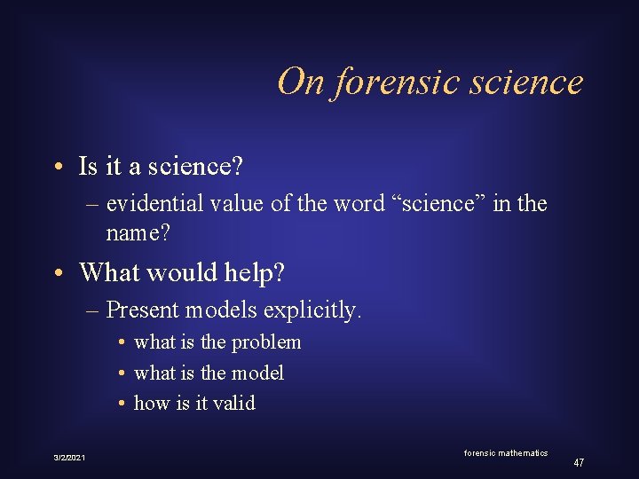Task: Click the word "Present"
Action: point(140,310)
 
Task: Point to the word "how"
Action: point(149,403)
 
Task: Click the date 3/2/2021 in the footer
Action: point(69,457)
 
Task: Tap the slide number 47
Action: point(579,463)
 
